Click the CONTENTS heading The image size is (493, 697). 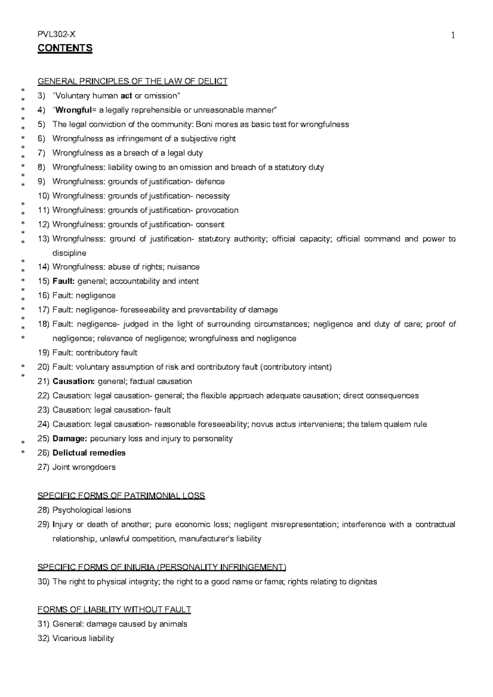point(65,48)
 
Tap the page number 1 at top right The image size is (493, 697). point(453,36)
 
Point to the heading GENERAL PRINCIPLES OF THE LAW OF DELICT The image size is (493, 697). point(132,81)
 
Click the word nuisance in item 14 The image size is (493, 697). point(184,267)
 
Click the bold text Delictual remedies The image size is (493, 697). point(89,453)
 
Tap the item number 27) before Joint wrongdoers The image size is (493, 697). point(43,467)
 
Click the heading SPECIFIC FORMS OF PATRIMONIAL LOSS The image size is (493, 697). point(121,496)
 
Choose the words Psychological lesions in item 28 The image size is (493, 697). point(92,510)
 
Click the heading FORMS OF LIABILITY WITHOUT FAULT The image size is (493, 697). point(114,610)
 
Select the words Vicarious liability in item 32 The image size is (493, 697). point(83,638)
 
